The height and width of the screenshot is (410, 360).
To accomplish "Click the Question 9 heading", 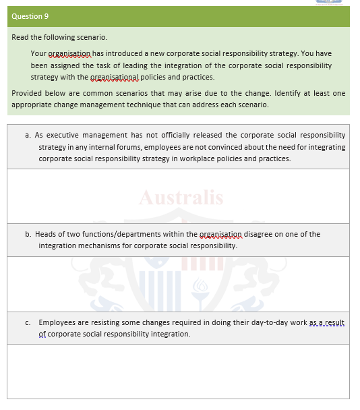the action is (30, 16).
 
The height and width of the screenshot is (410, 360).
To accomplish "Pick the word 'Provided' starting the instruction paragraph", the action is (28, 93).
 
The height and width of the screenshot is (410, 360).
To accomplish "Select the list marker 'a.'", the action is (28, 135).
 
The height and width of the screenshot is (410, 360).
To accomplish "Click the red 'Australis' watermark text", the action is (180, 198).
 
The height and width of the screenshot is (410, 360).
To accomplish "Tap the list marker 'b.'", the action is (28, 234).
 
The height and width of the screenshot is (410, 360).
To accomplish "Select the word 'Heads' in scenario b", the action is (46, 234).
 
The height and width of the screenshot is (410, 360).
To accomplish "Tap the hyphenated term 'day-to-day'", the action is (270, 322).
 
